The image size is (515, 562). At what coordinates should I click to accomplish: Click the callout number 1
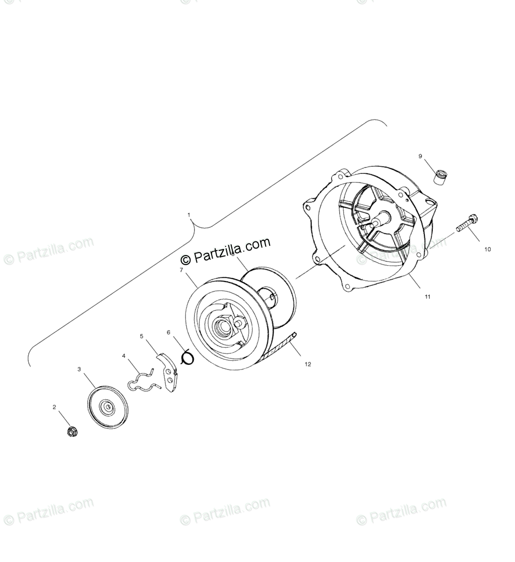189,215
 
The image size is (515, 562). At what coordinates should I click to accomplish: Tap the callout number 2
54,407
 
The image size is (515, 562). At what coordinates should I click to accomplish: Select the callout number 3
79,369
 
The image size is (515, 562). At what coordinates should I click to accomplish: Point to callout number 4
123,356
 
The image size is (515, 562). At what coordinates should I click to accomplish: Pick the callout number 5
142,336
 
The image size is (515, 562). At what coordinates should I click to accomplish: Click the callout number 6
169,332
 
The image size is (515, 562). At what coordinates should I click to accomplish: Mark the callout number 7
181,270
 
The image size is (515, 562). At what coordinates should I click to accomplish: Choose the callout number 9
420,156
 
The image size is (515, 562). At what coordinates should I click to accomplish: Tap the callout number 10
487,249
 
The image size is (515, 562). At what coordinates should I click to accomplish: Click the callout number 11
427,297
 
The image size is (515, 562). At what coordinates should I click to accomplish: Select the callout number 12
308,364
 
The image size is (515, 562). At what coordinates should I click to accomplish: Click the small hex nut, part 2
72,431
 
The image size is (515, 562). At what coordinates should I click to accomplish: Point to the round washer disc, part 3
107,407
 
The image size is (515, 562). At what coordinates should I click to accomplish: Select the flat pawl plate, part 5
168,373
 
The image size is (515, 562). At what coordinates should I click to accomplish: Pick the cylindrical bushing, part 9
441,178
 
